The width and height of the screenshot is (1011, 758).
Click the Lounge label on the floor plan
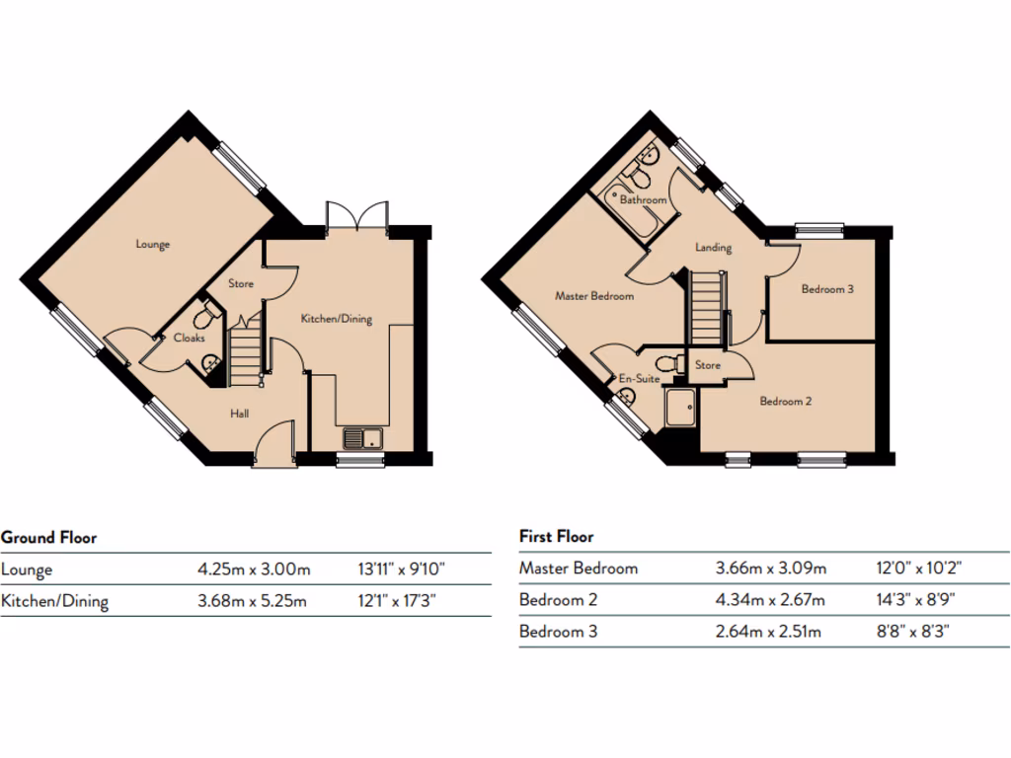153,245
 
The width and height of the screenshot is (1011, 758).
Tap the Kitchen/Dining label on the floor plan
336,319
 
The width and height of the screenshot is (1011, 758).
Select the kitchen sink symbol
361,438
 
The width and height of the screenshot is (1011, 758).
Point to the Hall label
239,414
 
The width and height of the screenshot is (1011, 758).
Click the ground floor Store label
241,284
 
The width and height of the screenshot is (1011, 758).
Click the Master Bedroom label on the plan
594,295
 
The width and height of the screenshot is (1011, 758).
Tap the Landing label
713,248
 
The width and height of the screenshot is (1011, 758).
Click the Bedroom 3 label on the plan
826,289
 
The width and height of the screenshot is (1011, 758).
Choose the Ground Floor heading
48,538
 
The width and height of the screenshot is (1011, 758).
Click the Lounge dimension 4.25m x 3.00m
254,569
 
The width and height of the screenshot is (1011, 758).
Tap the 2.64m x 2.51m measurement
767,632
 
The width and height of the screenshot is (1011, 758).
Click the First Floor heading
557,537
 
